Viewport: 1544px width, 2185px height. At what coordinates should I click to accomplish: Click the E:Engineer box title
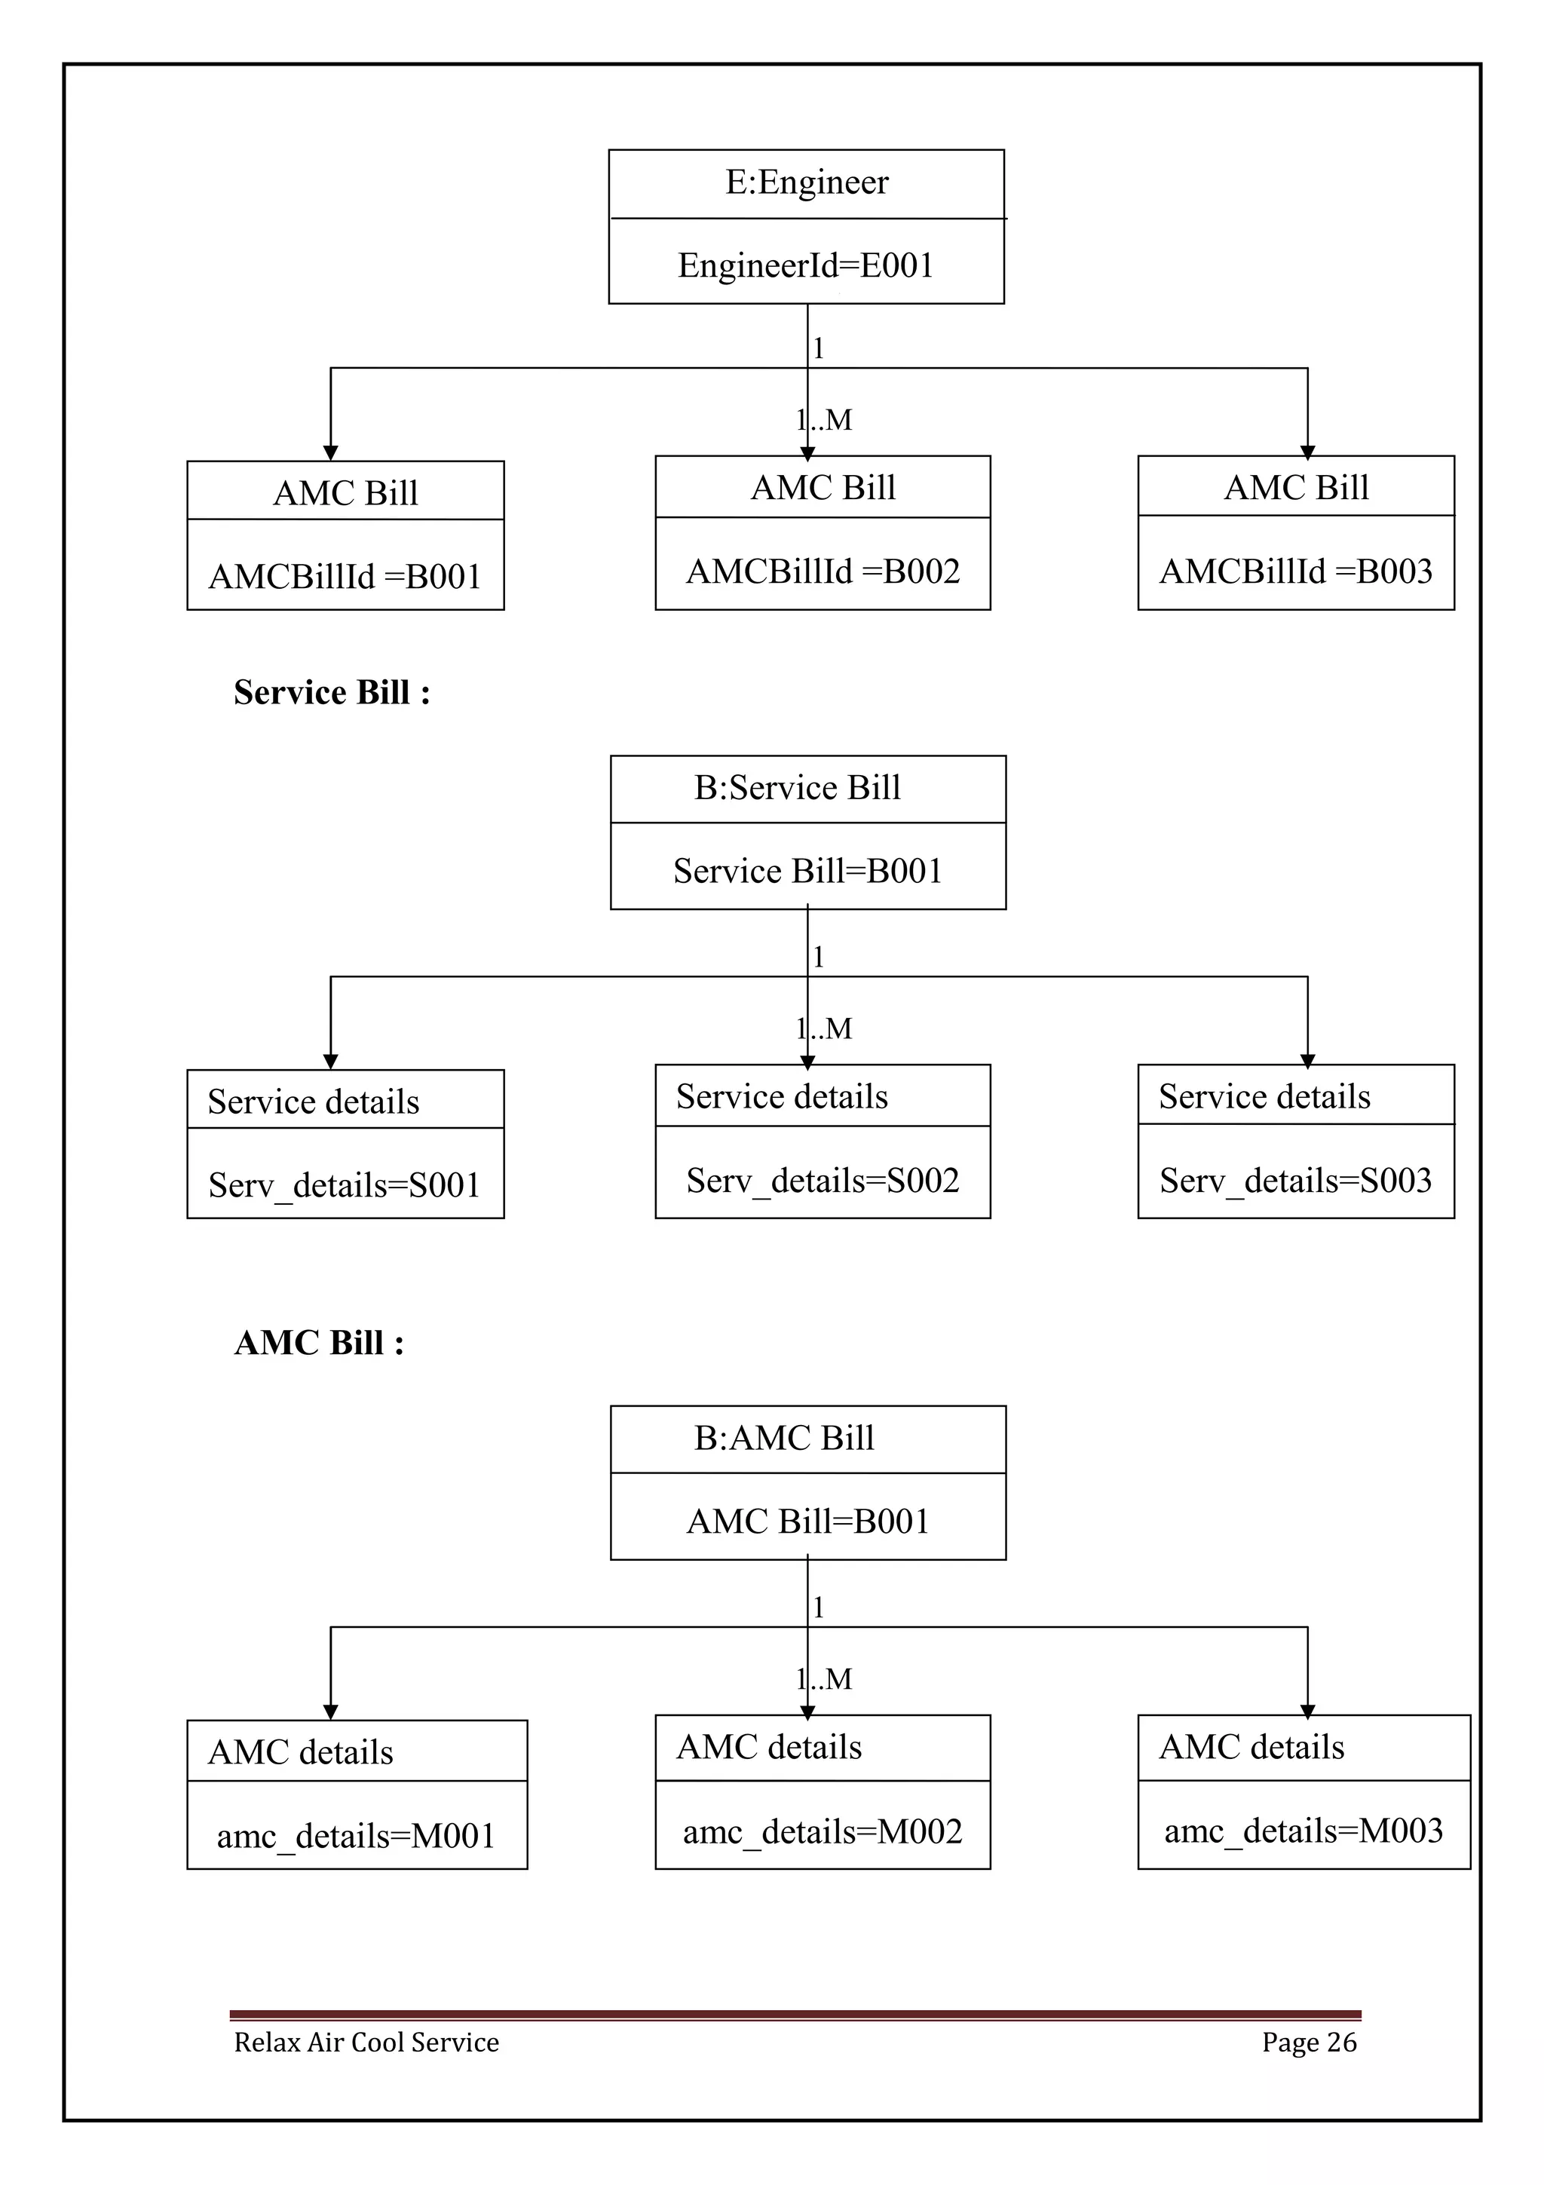coord(806,182)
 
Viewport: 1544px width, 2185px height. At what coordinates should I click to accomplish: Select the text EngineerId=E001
coord(806,265)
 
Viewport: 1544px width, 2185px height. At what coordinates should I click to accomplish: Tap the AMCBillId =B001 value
coord(345,577)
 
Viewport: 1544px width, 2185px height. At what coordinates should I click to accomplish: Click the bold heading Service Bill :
coord(331,693)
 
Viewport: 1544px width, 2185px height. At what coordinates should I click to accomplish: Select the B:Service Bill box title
coord(797,788)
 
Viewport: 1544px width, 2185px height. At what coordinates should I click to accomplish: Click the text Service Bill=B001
coord(807,872)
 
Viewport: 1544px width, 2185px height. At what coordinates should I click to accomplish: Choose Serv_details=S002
coord(823,1181)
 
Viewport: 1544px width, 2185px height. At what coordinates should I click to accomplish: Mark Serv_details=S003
coord(1296,1181)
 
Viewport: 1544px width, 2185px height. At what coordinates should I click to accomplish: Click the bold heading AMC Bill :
coord(319,1343)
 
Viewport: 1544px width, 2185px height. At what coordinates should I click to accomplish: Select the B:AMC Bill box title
coord(784,1438)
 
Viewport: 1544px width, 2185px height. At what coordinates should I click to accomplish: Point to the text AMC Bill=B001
coord(807,1522)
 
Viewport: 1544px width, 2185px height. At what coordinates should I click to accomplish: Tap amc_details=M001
coord(356,1836)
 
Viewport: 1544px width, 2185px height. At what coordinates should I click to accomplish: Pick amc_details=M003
coord(1304,1831)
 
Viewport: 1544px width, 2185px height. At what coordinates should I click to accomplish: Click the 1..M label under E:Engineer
coord(825,420)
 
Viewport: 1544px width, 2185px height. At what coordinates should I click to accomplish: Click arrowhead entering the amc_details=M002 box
coord(807,1711)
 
